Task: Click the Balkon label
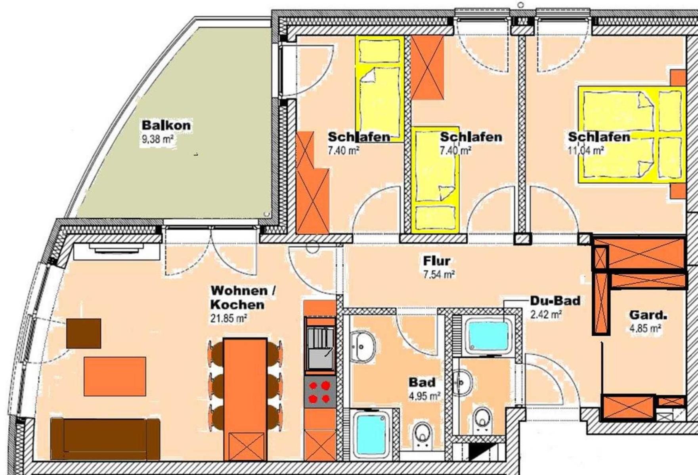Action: click(166, 125)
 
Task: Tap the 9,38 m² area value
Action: click(158, 140)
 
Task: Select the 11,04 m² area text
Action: click(586, 150)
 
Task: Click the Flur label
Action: click(437, 261)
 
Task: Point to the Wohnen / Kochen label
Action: click(243, 297)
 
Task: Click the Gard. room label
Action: click(648, 315)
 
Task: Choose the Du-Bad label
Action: click(555, 300)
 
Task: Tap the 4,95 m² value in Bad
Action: click(425, 395)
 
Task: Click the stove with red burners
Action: click(320, 392)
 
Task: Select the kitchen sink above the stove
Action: click(320, 344)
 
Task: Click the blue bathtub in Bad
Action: click(371, 433)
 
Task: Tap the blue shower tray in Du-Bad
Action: click(488, 337)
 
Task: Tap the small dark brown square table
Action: click(83, 333)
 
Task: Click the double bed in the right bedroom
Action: click(632, 135)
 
